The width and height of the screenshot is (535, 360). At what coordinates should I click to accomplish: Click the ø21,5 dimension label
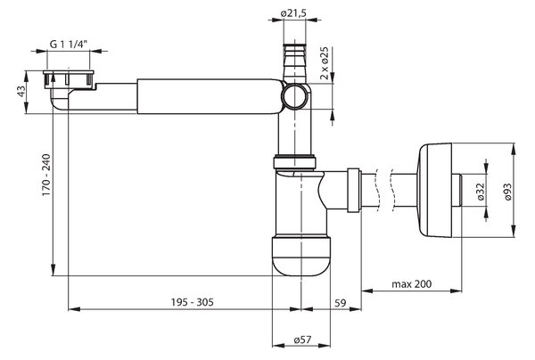point(293,13)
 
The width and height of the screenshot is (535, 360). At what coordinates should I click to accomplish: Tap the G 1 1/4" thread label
point(69,44)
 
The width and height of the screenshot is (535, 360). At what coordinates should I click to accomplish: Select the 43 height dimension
point(21,92)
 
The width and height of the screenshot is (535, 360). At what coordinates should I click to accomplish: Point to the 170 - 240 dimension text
point(46,175)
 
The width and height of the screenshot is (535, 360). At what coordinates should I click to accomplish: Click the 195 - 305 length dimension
point(193,302)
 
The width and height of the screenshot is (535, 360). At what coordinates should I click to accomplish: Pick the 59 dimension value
point(340,303)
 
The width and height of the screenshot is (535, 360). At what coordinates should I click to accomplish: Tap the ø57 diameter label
point(302,340)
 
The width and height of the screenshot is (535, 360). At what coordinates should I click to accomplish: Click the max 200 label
point(411,283)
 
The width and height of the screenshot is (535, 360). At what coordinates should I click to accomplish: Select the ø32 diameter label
point(481,192)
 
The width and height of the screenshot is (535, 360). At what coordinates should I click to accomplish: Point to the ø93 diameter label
point(507,192)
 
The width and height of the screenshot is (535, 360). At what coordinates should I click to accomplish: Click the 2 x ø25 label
point(325,63)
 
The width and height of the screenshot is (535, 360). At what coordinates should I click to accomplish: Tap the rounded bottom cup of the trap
point(301,256)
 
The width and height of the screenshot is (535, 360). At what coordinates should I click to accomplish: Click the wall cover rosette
point(435,190)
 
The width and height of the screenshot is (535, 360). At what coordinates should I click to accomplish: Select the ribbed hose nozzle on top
point(294,61)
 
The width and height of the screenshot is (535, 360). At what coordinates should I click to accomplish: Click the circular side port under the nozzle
point(295,96)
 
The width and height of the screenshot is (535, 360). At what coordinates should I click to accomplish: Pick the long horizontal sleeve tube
point(210,96)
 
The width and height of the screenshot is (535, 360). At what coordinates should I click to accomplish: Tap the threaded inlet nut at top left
point(69,79)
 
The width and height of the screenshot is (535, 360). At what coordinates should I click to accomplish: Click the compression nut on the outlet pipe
point(353,190)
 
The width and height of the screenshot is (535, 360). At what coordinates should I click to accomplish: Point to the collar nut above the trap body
point(295,162)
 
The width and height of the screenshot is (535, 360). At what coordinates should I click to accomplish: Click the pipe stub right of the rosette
point(457,190)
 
